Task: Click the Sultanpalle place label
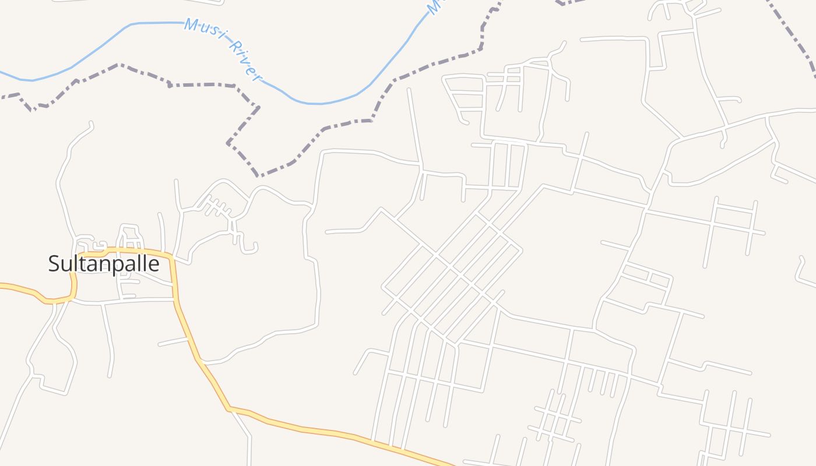pyautogui.click(x=104, y=264)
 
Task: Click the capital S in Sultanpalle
pyautogui.click(x=54, y=264)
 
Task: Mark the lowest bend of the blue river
pyautogui.click(x=315, y=104)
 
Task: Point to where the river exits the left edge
pyautogui.click(x=2, y=73)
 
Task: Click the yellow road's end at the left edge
pyautogui.click(x=2, y=285)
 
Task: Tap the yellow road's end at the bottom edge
pyautogui.click(x=449, y=464)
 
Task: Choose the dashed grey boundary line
pyautogui.click(x=350, y=122)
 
